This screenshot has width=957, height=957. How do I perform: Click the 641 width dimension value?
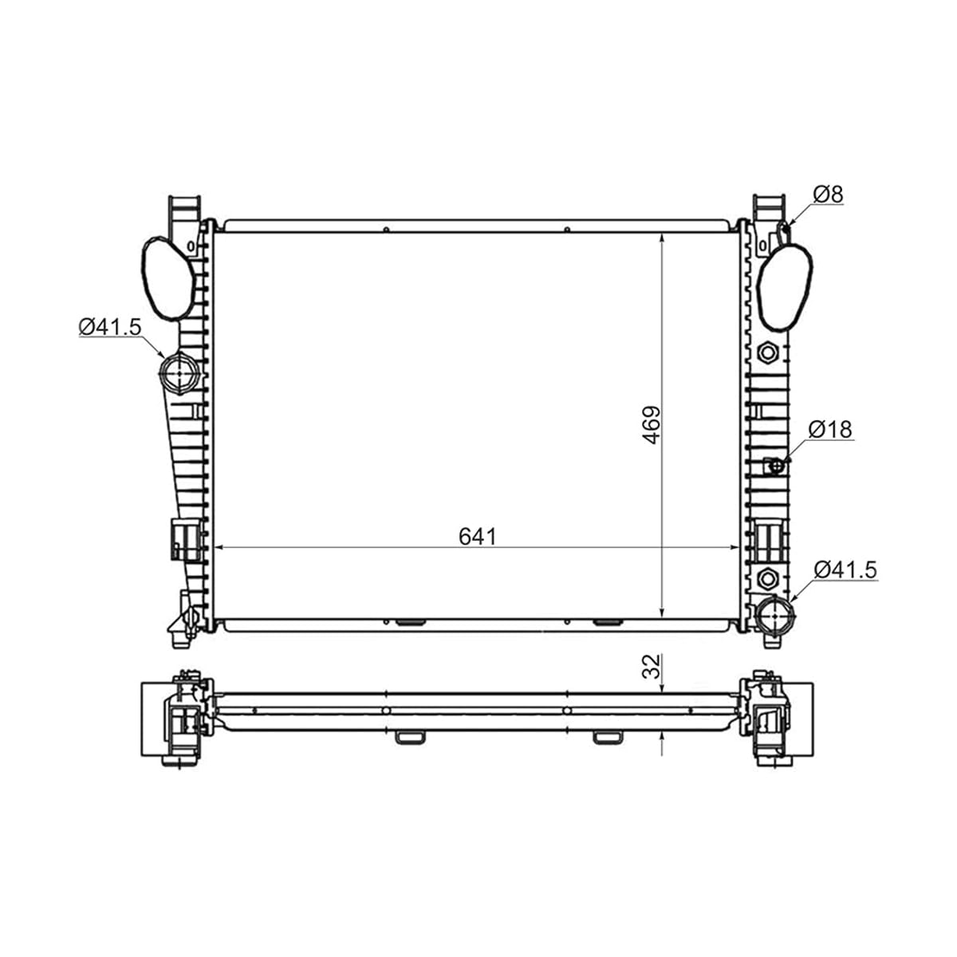tap(477, 537)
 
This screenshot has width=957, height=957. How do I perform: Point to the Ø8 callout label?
tap(829, 194)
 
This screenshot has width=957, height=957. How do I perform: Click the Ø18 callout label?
tap(830, 429)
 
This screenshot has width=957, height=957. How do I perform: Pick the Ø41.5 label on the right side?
tap(845, 569)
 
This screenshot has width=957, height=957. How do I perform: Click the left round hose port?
tap(179, 373)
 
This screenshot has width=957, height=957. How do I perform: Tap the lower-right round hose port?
tap(774, 615)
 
